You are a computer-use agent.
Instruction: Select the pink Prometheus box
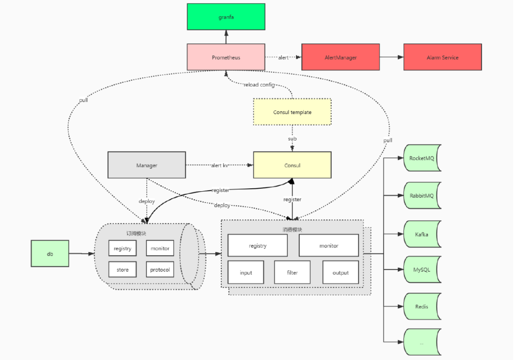[226, 57]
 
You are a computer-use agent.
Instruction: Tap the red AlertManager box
[340, 57]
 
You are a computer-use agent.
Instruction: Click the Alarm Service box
[442, 57]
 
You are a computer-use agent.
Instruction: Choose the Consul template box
[292, 112]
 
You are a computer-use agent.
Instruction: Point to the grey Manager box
[147, 165]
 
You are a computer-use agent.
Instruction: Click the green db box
[50, 253]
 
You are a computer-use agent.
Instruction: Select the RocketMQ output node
[422, 158]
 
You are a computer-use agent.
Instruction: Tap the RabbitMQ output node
[422, 195]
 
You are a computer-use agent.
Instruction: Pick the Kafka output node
[422, 234]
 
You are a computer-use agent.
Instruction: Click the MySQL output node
[422, 270]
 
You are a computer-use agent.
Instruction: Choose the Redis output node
[422, 307]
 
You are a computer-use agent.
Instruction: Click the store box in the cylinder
[122, 270]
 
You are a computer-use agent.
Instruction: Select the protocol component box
[160, 270]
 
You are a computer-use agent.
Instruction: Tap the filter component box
[292, 272]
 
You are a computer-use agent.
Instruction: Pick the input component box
[246, 272]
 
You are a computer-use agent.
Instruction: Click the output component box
[340, 272]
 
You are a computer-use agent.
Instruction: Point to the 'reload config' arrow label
[259, 85]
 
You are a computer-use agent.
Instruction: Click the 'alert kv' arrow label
[219, 165]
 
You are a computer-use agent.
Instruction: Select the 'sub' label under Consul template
[292, 139]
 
